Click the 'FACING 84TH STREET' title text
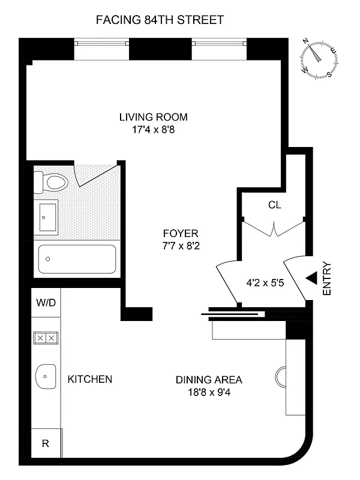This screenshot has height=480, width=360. (160, 20)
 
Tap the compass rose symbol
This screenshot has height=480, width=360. (318, 59)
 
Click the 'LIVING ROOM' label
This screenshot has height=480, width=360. (154, 117)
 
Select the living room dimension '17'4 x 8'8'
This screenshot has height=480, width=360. (154, 129)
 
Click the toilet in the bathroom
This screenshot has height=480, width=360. (50, 181)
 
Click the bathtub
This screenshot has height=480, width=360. (76, 260)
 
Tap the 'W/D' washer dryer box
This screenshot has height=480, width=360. (46, 302)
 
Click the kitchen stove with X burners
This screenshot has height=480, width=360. (46, 338)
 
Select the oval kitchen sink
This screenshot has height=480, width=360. (46, 377)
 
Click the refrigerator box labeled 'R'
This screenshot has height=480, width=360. (46, 445)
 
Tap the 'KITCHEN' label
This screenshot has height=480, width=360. (89, 379)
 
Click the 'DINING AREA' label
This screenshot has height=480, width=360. (209, 380)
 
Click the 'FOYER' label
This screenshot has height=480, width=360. (180, 233)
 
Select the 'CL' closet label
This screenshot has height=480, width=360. (274, 205)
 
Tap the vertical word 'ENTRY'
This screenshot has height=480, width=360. (327, 278)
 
